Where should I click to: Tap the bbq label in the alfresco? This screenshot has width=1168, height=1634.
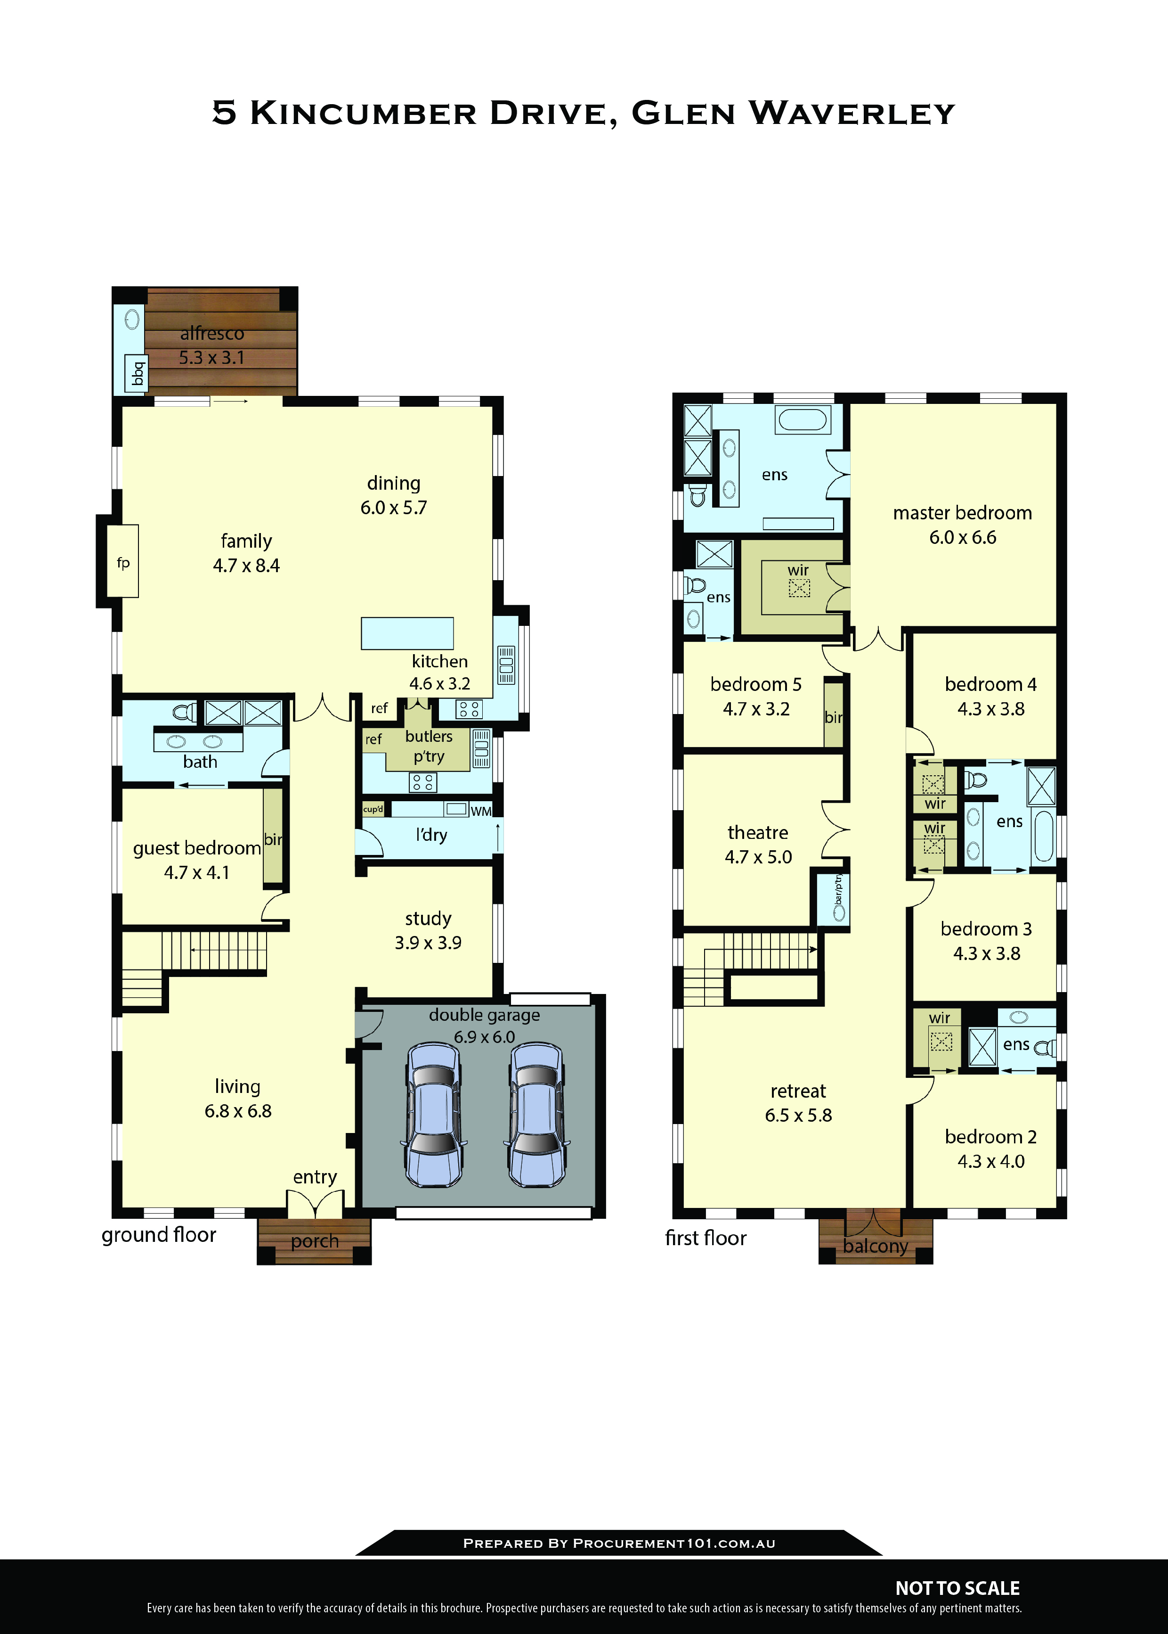[x=137, y=373]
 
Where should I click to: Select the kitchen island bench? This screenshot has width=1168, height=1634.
[x=407, y=633]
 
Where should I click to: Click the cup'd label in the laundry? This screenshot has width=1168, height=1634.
[x=373, y=809]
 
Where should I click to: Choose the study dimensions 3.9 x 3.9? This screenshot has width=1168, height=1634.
[x=428, y=943]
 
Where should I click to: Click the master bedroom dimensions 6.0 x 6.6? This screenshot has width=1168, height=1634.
[x=962, y=537]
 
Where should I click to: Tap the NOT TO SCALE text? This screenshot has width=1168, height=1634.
[x=957, y=1588]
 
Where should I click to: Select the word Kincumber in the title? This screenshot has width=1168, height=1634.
[x=363, y=113]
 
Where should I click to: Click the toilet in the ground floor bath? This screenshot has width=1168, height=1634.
[x=184, y=712]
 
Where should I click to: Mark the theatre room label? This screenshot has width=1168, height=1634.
[x=758, y=832]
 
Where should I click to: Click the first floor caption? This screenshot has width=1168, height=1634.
[x=706, y=1238]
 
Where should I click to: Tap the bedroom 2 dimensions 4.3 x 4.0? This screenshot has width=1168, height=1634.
[x=990, y=1161]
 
